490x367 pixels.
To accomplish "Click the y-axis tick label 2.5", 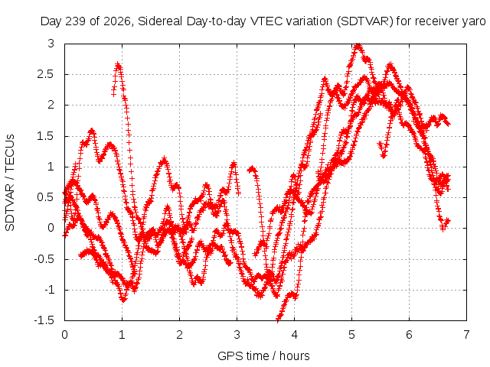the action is [x=45, y=74].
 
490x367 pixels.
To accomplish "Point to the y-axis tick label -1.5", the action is [x=44, y=320].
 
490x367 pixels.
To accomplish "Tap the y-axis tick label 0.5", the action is [x=45, y=197].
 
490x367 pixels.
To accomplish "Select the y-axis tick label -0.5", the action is [x=44, y=258].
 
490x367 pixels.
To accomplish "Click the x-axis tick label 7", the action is [x=466, y=335].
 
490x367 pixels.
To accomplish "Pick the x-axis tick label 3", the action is [x=237, y=335].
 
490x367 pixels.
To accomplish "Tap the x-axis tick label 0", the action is [x=64, y=335].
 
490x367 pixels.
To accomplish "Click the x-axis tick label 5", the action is [x=351, y=335].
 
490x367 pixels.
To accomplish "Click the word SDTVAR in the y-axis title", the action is [x=10, y=207].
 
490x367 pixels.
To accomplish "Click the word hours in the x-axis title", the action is [x=294, y=356].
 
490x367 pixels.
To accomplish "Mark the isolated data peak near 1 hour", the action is [x=118, y=64].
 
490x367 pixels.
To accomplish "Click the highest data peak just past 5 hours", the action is [x=358, y=46].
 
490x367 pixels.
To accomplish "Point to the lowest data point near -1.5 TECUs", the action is [x=278, y=319].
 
